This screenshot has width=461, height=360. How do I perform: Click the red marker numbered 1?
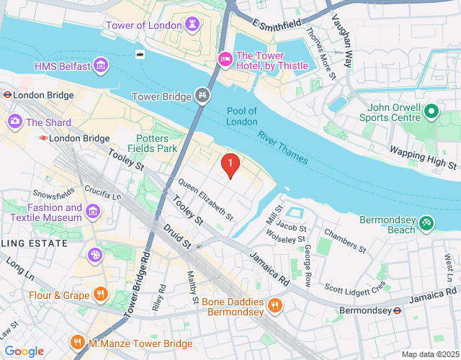click(x=230, y=166)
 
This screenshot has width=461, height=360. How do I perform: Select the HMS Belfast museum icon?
click(x=102, y=67)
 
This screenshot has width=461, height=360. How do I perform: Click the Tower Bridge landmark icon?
click(x=202, y=96)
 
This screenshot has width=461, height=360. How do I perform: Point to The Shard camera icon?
click(x=14, y=122)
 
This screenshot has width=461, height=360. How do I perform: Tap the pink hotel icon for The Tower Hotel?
click(x=225, y=57)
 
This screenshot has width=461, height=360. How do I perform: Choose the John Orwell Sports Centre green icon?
click(x=431, y=111)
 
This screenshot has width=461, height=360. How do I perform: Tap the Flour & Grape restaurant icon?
click(x=101, y=294)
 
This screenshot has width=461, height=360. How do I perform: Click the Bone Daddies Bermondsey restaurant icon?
click(x=274, y=306)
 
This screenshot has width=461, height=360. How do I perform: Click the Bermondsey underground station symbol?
click(x=397, y=311)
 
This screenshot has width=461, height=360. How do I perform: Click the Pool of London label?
click(x=241, y=116)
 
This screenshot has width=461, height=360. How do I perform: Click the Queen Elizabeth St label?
click(x=206, y=199)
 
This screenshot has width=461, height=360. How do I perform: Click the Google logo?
click(x=24, y=351)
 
